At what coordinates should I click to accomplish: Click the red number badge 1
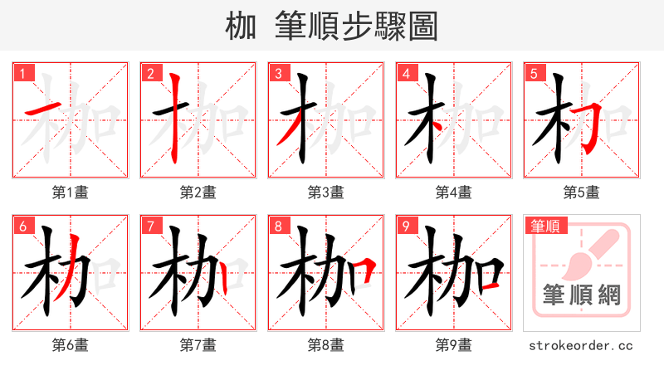[22, 73]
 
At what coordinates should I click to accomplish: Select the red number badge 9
[405, 226]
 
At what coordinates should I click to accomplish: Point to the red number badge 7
[149, 226]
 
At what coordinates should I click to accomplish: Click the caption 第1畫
[71, 192]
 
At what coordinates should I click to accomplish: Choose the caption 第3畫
[326, 192]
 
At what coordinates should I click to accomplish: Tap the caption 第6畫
[71, 345]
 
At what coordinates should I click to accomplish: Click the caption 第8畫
[326, 345]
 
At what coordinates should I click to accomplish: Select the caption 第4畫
[454, 192]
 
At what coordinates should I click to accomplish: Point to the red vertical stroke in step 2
[175, 116]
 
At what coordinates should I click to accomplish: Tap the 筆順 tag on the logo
[545, 225]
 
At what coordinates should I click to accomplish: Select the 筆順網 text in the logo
[581, 296]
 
